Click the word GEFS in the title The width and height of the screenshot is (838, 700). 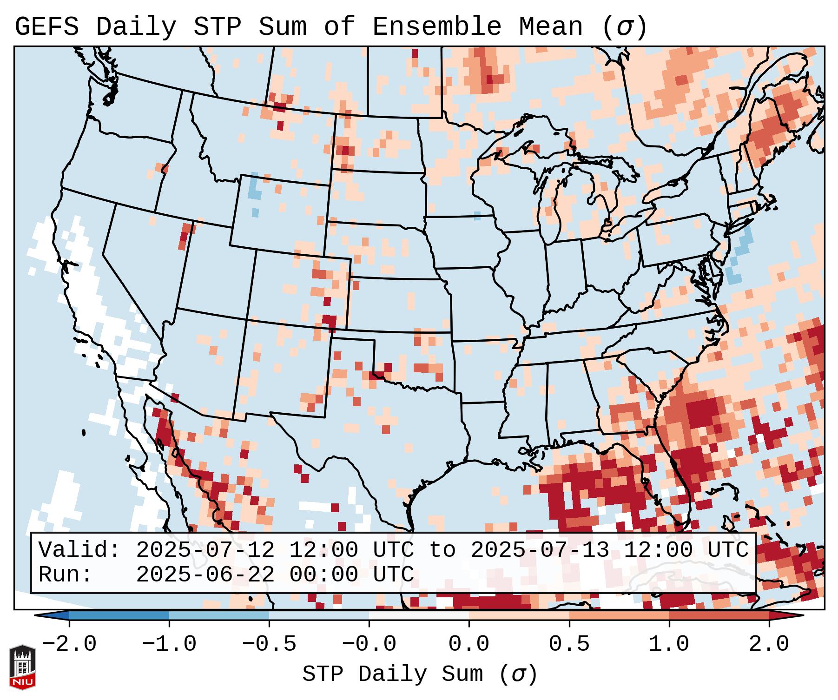tap(46, 27)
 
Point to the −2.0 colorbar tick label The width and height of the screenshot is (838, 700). tap(69, 644)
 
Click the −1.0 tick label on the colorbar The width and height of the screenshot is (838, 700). tap(169, 644)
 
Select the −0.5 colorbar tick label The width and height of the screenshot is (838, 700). tap(269, 644)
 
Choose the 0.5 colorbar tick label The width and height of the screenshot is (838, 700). tap(569, 644)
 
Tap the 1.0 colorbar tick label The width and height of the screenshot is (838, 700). tap(669, 644)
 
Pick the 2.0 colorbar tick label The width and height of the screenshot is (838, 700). tap(769, 644)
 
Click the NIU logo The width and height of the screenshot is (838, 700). tap(22, 667)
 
